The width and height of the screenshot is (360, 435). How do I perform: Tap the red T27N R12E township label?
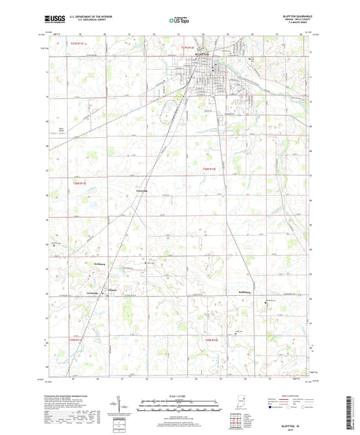coord(192,47)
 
